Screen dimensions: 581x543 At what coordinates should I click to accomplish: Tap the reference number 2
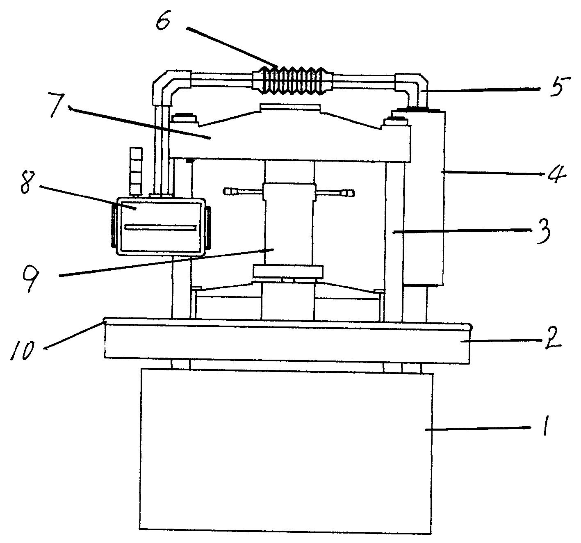553,340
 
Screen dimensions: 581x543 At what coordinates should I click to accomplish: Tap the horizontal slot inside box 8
160,228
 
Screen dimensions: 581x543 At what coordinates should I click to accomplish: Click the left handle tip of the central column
228,192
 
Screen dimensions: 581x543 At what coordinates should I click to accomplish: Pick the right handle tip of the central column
349,193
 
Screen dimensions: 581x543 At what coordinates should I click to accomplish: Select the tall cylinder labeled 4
424,198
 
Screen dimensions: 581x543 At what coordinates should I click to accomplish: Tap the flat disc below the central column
289,271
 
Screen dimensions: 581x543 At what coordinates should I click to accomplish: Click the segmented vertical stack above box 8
136,171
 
